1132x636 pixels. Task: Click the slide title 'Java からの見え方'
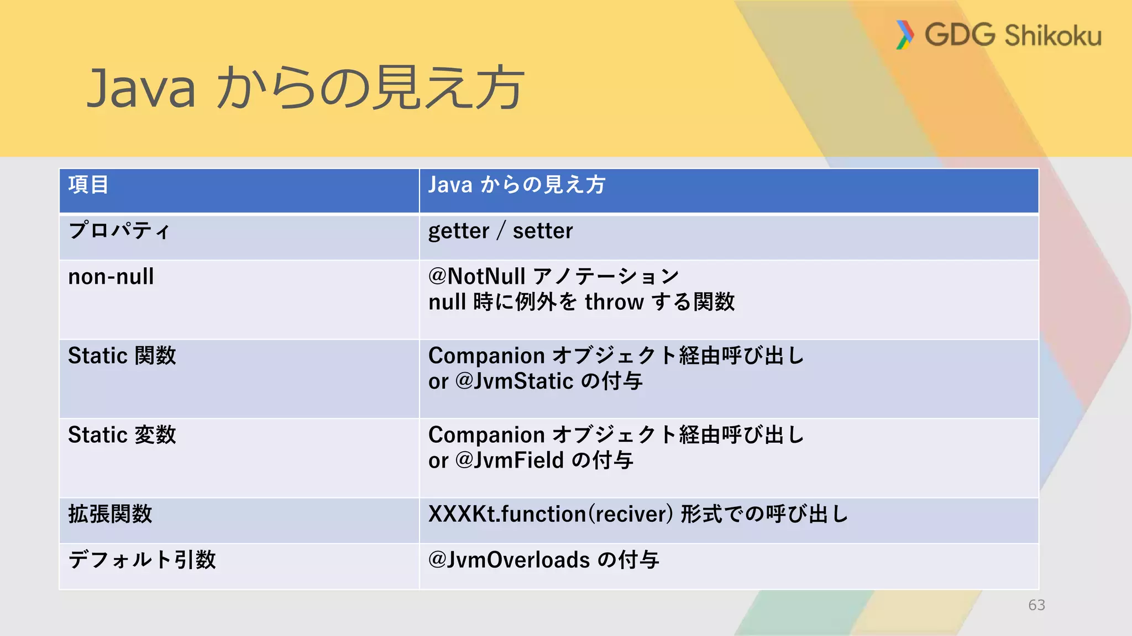[x=305, y=87]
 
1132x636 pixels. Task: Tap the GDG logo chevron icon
[x=904, y=35]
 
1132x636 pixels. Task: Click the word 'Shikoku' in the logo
[x=1053, y=36]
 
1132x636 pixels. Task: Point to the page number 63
[x=1036, y=605]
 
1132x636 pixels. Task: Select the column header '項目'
[x=88, y=185]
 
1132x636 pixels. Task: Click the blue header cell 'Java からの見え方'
[x=517, y=185]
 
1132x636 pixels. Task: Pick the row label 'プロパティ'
[x=119, y=231]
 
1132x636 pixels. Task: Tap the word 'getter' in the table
[x=459, y=231]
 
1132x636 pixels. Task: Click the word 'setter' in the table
[x=543, y=231]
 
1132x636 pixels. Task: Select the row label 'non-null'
[x=111, y=277]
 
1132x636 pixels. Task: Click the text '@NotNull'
[x=476, y=277]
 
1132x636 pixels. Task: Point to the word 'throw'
[x=614, y=302]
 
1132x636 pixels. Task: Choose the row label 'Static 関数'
[x=122, y=356]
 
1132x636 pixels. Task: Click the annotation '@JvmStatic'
[x=515, y=381]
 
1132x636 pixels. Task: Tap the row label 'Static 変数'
[x=122, y=435]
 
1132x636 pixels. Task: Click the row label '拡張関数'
[x=110, y=514]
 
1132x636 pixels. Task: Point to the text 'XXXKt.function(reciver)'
[x=551, y=514]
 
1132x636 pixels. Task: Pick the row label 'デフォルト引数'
[x=142, y=560]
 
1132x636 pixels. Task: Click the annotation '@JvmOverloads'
[x=509, y=560]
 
